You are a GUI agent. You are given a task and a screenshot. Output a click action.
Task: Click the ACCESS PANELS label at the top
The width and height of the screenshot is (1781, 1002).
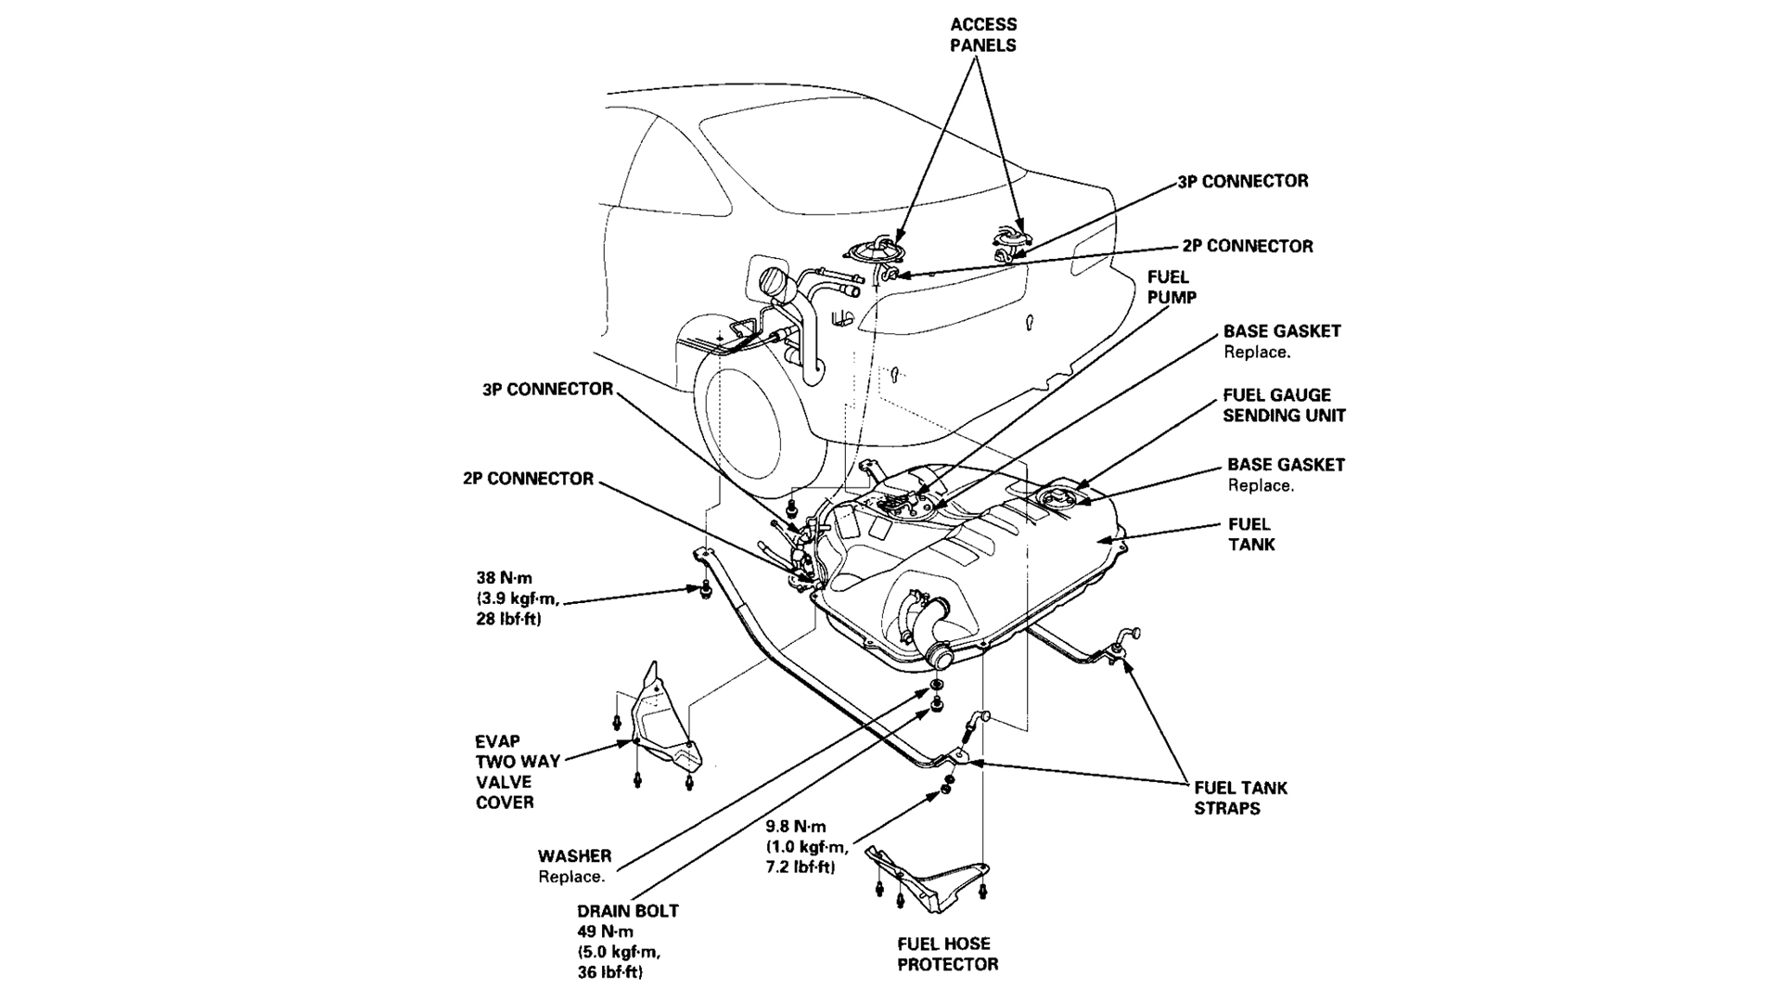click(x=983, y=35)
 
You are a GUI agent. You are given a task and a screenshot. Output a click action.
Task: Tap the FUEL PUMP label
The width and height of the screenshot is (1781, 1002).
click(x=1172, y=288)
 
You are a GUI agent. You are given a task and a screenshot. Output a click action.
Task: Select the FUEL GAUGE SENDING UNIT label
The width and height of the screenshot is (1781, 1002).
click(x=1283, y=405)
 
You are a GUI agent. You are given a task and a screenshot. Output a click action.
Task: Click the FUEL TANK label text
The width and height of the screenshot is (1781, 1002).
click(x=1250, y=534)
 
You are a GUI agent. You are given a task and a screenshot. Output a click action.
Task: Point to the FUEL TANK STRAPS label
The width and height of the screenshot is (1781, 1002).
click(x=1240, y=798)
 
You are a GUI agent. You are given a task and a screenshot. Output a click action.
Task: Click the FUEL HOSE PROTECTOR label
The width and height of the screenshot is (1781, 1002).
click(x=947, y=954)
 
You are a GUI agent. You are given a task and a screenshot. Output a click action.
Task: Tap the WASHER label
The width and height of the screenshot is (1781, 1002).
click(x=574, y=856)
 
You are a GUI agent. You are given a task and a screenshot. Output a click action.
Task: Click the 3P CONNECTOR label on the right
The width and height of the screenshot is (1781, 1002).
click(x=1242, y=182)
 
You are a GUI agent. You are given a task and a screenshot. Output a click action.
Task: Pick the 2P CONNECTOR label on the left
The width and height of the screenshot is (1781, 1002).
click(x=528, y=479)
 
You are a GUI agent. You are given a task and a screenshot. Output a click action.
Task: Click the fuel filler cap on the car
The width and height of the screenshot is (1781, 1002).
click(x=772, y=282)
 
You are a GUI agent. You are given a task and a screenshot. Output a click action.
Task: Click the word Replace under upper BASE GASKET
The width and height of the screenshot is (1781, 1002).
click(x=1257, y=353)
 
